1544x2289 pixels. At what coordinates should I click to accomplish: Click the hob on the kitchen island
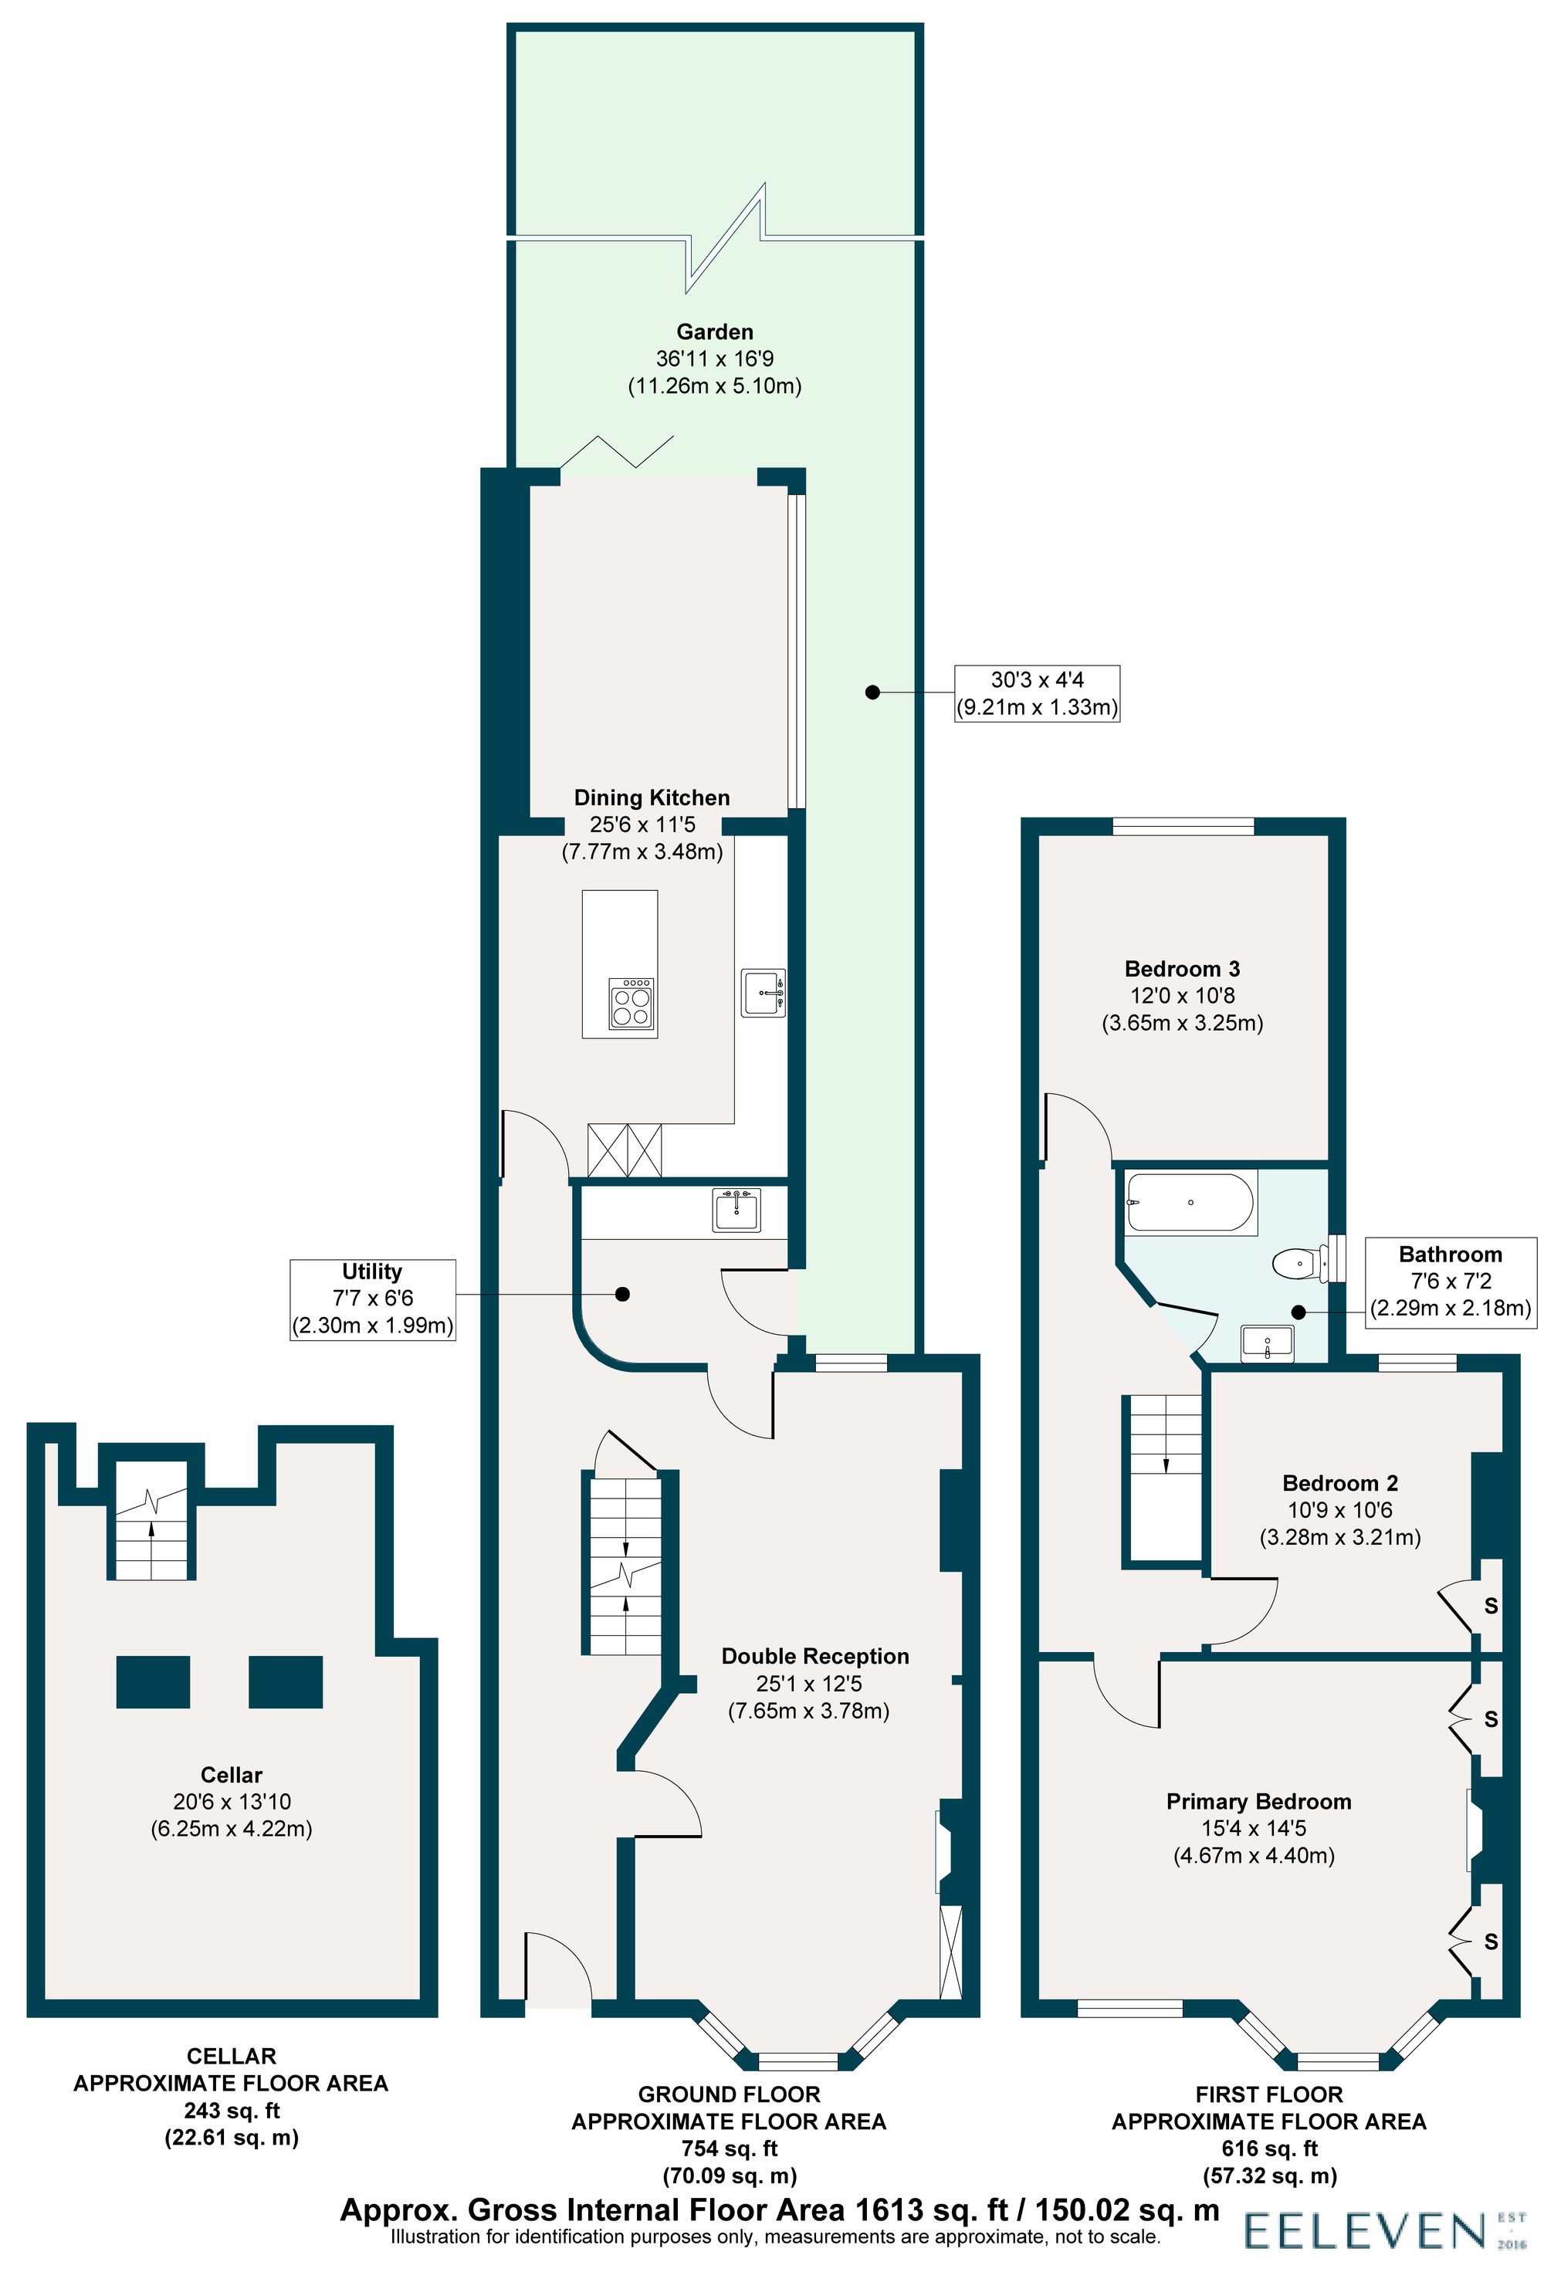(632, 1003)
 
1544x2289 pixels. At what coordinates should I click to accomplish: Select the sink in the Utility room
(736, 1210)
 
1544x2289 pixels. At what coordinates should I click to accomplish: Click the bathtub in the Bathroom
(1190, 1202)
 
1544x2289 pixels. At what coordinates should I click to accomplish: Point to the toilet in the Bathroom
(1298, 1263)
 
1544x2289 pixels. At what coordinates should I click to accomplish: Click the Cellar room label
(232, 1774)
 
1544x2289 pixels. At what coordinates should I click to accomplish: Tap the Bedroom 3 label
(1182, 969)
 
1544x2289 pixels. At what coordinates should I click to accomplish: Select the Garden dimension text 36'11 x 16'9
(715, 359)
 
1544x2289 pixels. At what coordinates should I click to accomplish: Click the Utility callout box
(372, 1299)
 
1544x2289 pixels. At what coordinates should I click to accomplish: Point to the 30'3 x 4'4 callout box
(1037, 693)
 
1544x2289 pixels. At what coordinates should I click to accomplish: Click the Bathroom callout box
(1450, 1281)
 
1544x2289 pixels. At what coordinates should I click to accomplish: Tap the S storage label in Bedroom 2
(1491, 1606)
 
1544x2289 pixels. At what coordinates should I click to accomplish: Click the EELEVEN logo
(1364, 2231)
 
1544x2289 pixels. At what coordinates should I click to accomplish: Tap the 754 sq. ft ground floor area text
(729, 2148)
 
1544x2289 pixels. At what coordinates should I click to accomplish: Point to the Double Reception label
(814, 1656)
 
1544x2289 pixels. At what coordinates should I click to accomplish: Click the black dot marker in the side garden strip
(872, 692)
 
